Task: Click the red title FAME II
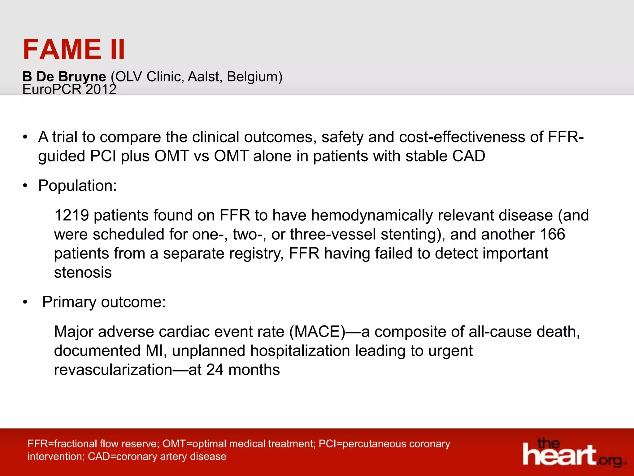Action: [74, 50]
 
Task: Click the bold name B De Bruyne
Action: [64, 77]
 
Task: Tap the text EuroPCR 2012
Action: [69, 90]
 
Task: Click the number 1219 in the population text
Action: [72, 215]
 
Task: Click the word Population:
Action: [77, 186]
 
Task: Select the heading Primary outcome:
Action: [104, 302]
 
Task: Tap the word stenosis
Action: [83, 273]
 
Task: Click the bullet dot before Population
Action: [25, 186]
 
